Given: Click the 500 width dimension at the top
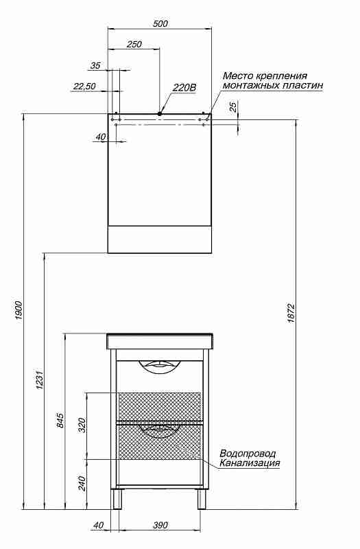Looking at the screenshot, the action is [x=160, y=24].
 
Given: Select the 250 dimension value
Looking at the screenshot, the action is [x=134, y=45].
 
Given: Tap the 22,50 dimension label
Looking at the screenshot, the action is [x=84, y=86].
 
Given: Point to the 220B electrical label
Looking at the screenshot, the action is [x=184, y=88].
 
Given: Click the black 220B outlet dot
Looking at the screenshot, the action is [x=160, y=113].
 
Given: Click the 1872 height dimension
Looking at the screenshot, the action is [x=291, y=313].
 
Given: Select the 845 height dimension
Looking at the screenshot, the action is [x=60, y=420].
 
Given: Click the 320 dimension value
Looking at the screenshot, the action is [x=82, y=425].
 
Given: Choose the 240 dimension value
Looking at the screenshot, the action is [x=82, y=483].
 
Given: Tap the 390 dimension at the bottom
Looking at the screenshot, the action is [x=160, y=525].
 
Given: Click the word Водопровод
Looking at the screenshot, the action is [x=248, y=454].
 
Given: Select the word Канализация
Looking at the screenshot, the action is [x=250, y=463].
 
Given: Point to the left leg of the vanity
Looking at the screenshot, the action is [x=117, y=499].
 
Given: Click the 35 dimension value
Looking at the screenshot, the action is [x=95, y=65].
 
